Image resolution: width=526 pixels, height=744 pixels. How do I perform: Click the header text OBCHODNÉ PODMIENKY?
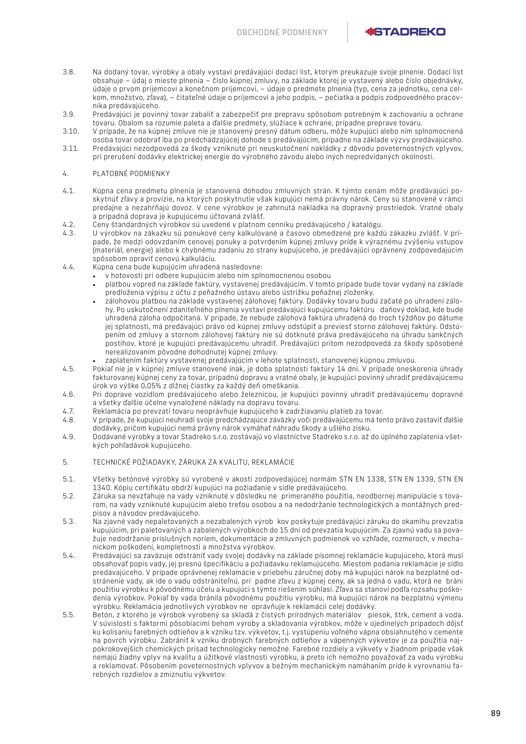[282, 33]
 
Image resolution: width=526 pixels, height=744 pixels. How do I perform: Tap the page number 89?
[495, 713]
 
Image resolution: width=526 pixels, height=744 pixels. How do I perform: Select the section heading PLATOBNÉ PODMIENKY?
[131, 174]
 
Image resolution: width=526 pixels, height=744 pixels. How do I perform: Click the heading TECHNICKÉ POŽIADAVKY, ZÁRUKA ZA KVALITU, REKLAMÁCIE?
[193, 462]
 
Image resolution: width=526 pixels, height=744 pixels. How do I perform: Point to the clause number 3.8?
[68, 72]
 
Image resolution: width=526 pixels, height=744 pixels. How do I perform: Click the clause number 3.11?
[71, 148]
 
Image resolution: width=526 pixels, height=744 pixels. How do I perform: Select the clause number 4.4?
[68, 267]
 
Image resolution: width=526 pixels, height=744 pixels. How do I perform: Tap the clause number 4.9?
[68, 437]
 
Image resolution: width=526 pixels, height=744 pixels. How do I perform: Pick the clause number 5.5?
[68, 615]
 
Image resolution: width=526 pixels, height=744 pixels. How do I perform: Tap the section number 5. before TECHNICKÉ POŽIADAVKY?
[65, 462]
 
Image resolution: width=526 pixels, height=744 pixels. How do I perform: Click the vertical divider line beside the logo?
[347, 32]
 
